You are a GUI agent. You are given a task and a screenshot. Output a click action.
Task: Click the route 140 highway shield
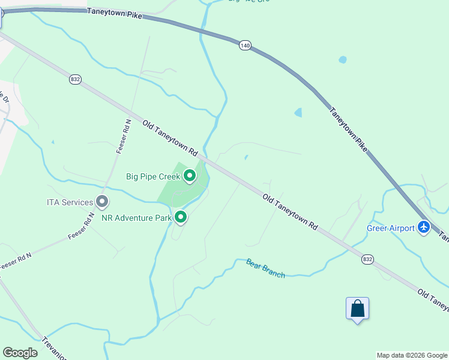click(244, 46)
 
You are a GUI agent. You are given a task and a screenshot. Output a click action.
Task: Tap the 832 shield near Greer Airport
click(367, 259)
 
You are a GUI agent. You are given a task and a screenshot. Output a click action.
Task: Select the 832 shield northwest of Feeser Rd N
click(75, 79)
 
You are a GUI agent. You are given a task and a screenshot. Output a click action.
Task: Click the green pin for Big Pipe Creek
click(190, 176)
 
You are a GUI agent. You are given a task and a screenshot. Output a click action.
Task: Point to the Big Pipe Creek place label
click(153, 177)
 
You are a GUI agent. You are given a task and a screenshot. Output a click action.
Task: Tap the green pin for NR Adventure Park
click(180, 217)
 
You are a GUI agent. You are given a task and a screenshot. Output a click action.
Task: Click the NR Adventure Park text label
click(136, 217)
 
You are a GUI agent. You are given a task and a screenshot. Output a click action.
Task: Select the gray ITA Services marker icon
click(102, 202)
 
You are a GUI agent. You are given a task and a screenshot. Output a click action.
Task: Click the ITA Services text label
click(70, 203)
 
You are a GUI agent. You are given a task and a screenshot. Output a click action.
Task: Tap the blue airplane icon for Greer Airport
click(424, 227)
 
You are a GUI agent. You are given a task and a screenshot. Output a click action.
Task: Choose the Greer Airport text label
click(391, 228)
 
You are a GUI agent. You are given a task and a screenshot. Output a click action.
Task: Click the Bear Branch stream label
click(265, 268)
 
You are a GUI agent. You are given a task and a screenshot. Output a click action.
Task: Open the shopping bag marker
click(357, 309)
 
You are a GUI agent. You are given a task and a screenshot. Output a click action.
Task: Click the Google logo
click(20, 353)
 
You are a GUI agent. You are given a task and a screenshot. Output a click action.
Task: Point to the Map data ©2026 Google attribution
click(412, 355)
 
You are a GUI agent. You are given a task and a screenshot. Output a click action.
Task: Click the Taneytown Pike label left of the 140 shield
click(114, 13)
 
